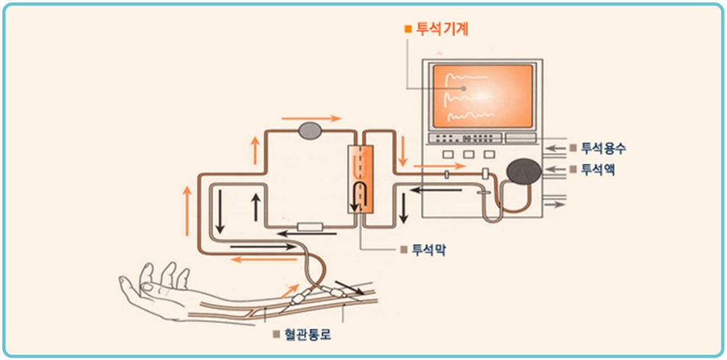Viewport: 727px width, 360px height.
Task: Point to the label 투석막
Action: (429, 249)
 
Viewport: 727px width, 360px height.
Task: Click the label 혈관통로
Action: (303, 334)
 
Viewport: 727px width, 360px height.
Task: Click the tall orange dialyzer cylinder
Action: (361, 180)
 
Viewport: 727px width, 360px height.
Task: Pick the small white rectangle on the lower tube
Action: (313, 227)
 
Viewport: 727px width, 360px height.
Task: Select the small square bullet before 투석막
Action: (404, 249)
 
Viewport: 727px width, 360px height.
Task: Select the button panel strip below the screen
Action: (465, 138)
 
